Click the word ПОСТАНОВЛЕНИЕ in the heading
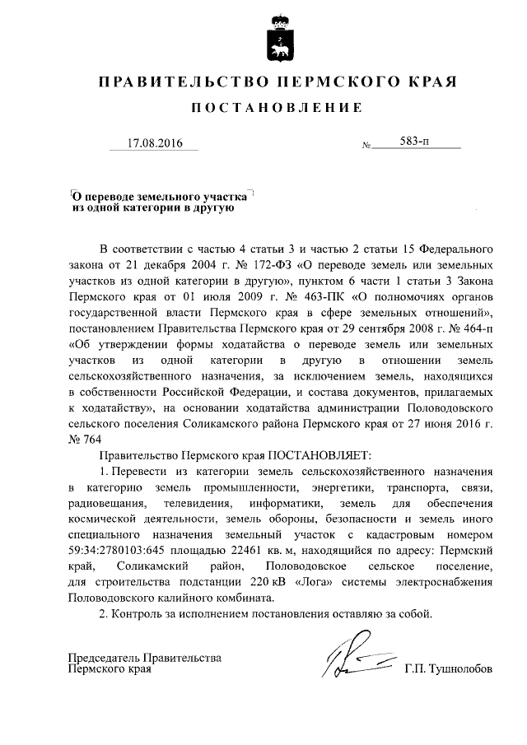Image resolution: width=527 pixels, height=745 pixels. click(277, 108)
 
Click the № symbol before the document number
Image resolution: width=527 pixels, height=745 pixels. click(366, 147)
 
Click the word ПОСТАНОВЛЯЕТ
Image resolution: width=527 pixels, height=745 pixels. click(319, 454)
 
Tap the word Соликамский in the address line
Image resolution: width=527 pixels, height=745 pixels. click(156, 567)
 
